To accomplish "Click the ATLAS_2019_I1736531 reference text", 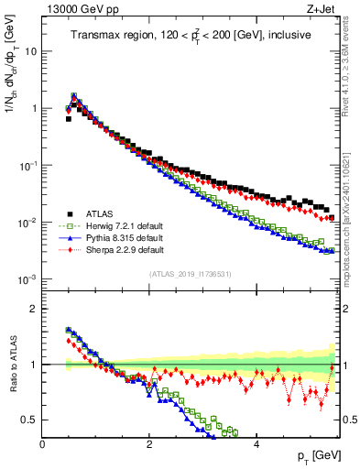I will (x=190, y=273).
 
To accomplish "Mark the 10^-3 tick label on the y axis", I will (x=27, y=279).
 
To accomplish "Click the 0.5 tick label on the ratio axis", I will (x=29, y=420).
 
